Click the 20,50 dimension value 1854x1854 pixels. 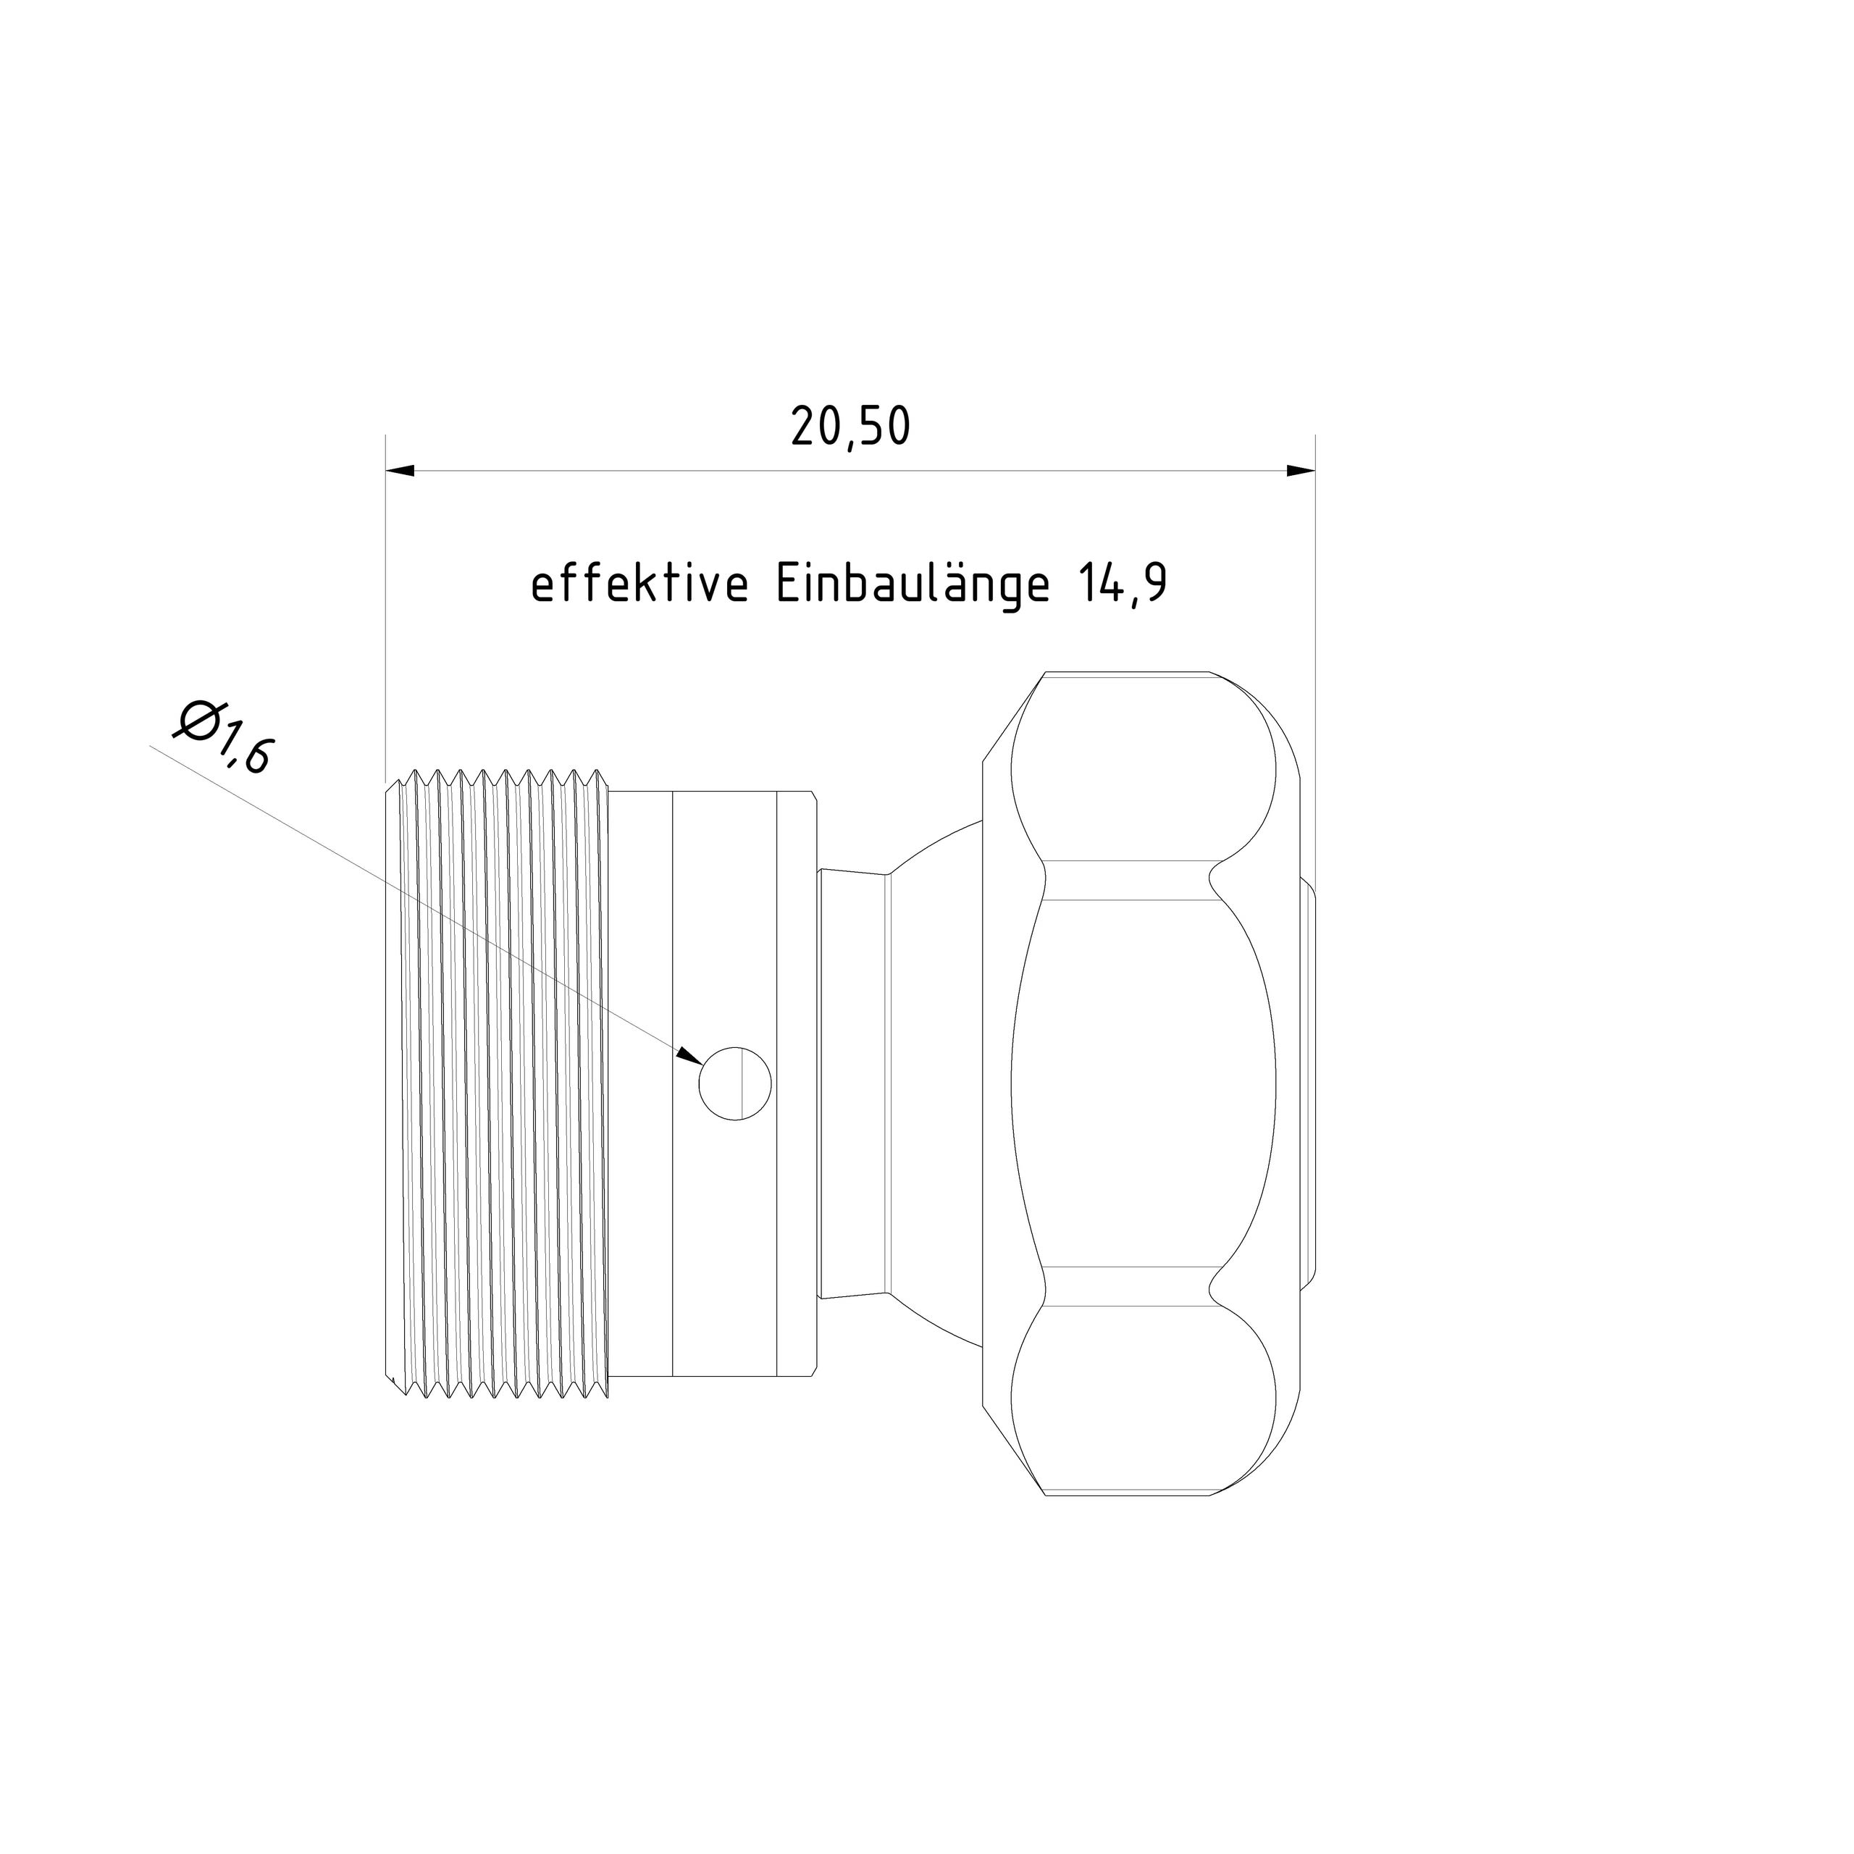(850, 427)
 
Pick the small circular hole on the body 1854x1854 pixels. (735, 1083)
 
